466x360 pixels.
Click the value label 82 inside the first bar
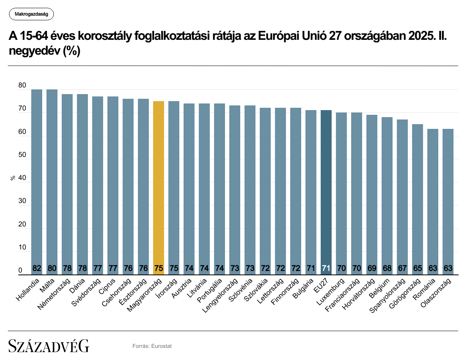37,269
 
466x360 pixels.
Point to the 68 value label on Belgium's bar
387,269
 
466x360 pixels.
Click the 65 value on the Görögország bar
418,269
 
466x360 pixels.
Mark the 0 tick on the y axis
20,271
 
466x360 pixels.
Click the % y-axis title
12,178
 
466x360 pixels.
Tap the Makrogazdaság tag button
31,14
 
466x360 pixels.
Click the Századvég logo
49,346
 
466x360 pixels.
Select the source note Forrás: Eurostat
152,346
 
